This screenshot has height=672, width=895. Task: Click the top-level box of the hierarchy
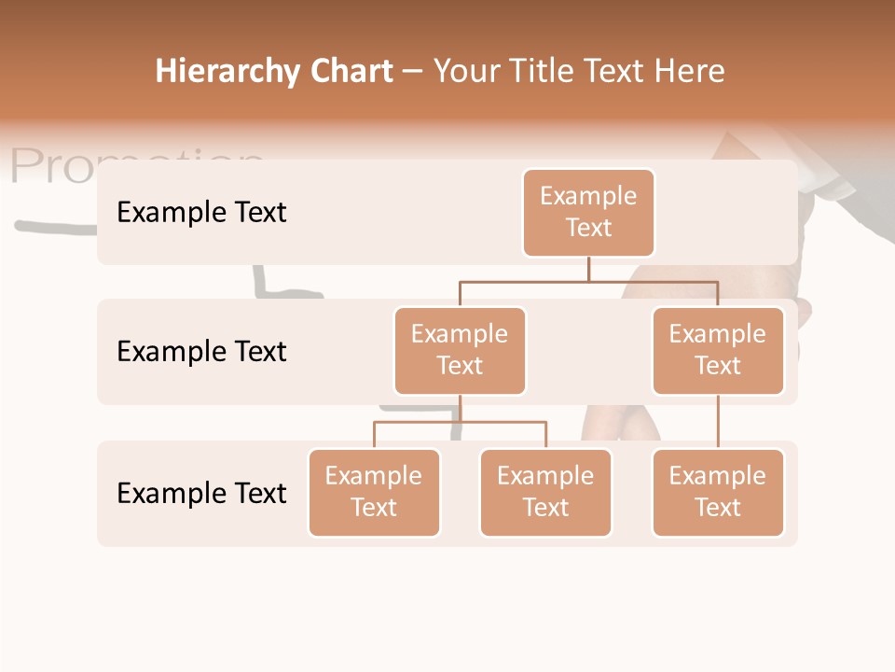(588, 212)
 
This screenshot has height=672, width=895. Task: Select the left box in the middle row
(460, 350)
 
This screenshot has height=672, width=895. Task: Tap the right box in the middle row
(718, 350)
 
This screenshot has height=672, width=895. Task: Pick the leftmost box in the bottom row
(374, 492)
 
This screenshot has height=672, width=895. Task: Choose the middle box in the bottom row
(545, 492)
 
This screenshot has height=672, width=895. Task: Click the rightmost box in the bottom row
(718, 492)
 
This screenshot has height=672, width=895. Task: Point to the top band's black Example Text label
(201, 213)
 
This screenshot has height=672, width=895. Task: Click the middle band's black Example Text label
(201, 352)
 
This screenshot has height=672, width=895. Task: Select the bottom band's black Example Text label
(201, 493)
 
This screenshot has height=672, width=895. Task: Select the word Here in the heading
(690, 72)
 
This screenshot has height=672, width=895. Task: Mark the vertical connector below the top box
(588, 269)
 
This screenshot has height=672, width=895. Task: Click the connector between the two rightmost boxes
(718, 422)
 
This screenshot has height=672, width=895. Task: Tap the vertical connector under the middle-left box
(460, 408)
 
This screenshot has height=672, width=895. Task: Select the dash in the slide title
(412, 72)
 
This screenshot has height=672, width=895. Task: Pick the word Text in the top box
(588, 228)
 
